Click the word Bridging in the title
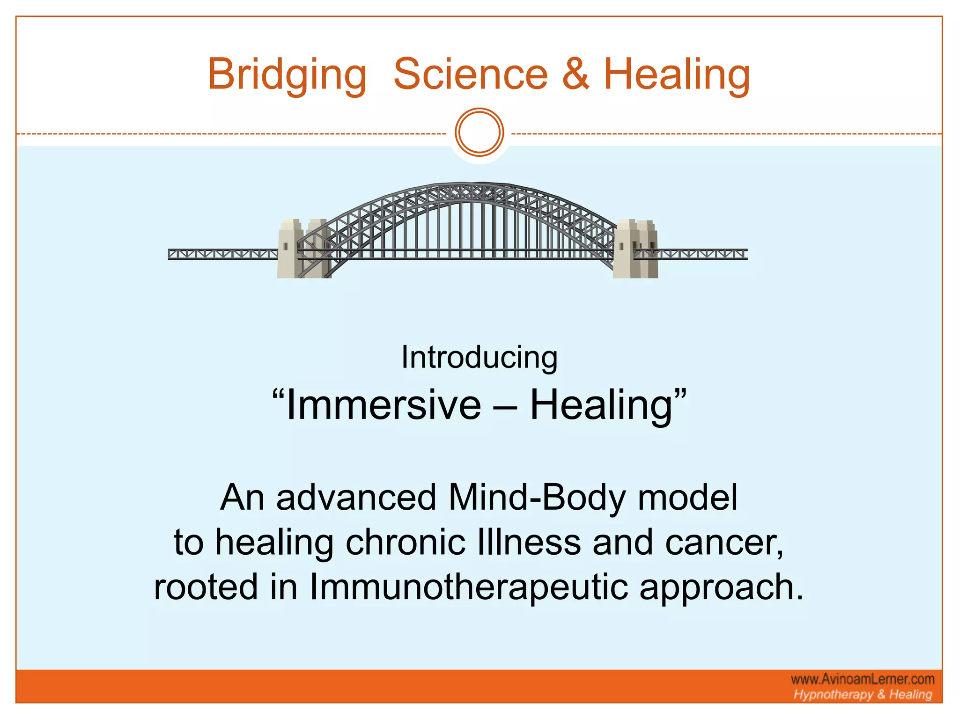(x=287, y=75)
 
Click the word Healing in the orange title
(x=677, y=75)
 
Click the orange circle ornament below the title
(x=479, y=132)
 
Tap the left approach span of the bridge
(x=222, y=254)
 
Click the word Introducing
(x=479, y=358)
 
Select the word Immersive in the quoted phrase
(x=383, y=405)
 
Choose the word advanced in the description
(x=356, y=498)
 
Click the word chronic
(x=406, y=543)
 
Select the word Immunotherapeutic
(x=468, y=587)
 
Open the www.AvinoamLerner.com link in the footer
(x=863, y=679)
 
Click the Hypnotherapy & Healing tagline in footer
(x=863, y=695)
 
